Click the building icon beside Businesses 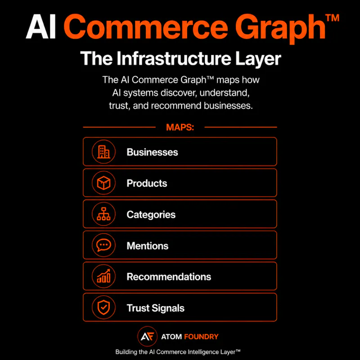[x=103, y=152]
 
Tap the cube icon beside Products [x=103, y=183]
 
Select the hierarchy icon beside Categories [x=103, y=214]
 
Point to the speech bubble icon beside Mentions [x=103, y=245]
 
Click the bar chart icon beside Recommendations [x=103, y=276]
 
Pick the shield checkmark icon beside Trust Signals [x=103, y=307]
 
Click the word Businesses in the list [x=152, y=152]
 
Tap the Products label [x=147, y=183]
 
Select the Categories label [x=151, y=215]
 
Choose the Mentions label [x=148, y=246]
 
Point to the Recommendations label [x=169, y=277]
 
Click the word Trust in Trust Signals [x=138, y=308]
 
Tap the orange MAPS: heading [x=180, y=127]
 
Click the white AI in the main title [x=41, y=27]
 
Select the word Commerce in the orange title [x=146, y=27]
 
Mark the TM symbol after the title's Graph [x=332, y=18]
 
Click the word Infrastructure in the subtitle [x=174, y=58]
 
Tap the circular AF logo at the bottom [x=148, y=336]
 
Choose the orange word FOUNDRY [x=201, y=337]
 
